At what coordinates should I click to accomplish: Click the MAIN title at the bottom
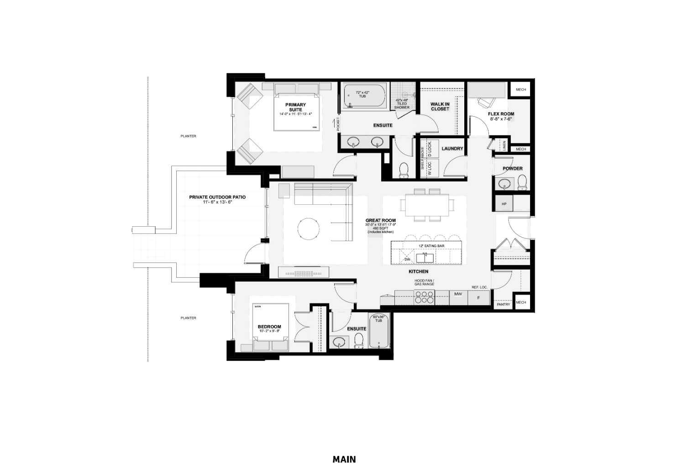(344, 459)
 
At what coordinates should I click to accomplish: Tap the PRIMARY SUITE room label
(295, 108)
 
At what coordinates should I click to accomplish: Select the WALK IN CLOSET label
(440, 107)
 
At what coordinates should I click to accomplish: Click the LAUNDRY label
(452, 149)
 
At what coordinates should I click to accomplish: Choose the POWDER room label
(512, 169)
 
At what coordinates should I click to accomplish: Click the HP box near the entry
(504, 204)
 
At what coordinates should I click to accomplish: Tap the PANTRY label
(503, 304)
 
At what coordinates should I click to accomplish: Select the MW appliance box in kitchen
(458, 295)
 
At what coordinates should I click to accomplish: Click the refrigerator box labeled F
(478, 298)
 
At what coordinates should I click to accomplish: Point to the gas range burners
(425, 297)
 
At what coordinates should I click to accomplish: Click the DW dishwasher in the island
(408, 259)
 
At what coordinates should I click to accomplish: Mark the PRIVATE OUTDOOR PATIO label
(217, 197)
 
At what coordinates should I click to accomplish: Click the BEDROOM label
(269, 327)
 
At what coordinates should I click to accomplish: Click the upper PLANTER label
(188, 136)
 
